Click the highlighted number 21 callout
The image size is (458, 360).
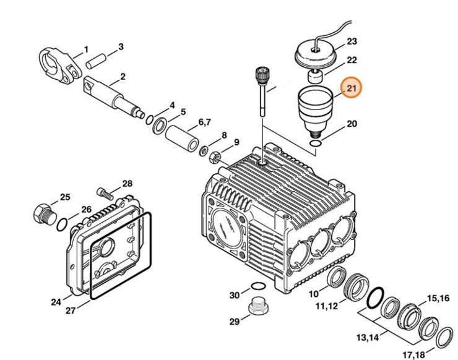[x=352, y=88]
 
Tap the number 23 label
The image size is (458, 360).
[x=352, y=41]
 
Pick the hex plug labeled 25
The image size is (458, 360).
[x=42, y=213]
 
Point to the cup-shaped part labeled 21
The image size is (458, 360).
[x=315, y=108]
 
